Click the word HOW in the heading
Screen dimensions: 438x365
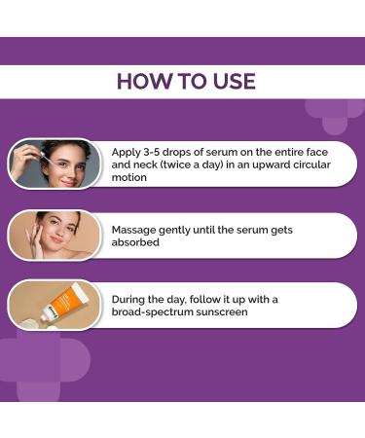pos(140,81)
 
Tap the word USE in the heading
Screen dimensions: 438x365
pos(231,81)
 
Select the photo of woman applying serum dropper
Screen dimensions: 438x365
pos(56,163)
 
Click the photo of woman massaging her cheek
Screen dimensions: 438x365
pos(56,235)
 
